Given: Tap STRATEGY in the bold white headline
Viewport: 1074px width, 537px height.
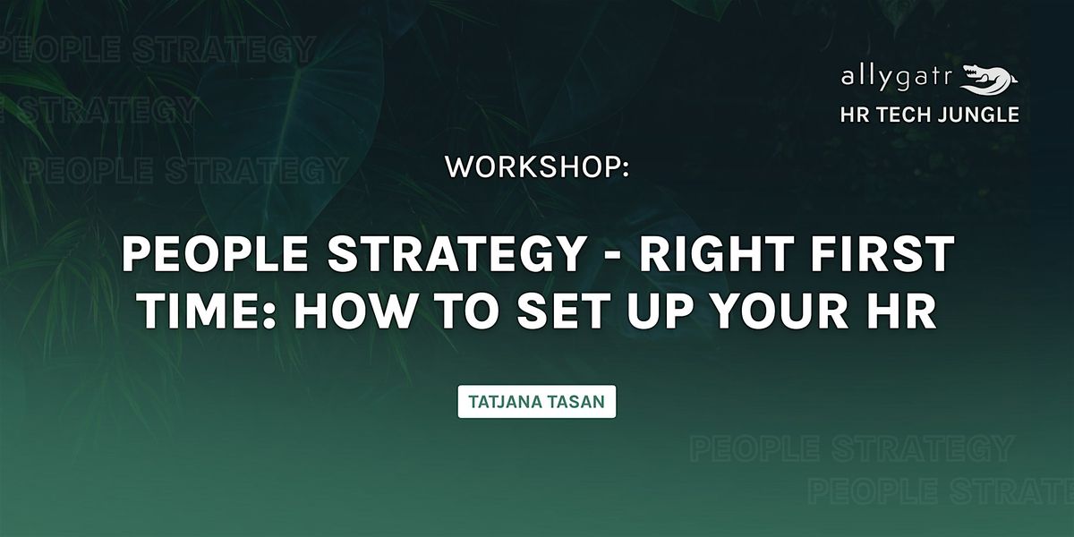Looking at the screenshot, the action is [x=456, y=253].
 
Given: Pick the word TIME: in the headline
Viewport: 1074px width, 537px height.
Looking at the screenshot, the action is [x=208, y=311].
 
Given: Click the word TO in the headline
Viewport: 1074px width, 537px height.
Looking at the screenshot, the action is [x=465, y=311].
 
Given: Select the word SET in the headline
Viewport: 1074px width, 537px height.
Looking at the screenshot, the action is [x=564, y=311].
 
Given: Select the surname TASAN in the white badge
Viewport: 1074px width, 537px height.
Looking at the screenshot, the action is [x=576, y=402].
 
